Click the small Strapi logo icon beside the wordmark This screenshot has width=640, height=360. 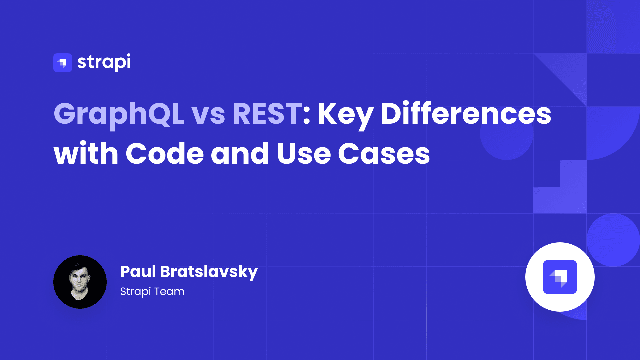(x=63, y=63)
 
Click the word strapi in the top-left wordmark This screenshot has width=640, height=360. (x=104, y=62)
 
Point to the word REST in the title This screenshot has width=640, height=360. (x=267, y=114)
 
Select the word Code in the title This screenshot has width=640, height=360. (x=165, y=153)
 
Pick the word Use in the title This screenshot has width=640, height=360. (x=304, y=153)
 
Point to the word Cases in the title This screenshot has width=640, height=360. (x=384, y=153)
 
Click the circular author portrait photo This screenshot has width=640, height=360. (x=80, y=282)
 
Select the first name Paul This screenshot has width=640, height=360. (x=138, y=271)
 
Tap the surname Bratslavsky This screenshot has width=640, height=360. (x=209, y=273)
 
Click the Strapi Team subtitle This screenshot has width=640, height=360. (x=152, y=292)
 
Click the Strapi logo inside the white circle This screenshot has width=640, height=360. (x=560, y=277)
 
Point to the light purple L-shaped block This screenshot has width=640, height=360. (x=560, y=197)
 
